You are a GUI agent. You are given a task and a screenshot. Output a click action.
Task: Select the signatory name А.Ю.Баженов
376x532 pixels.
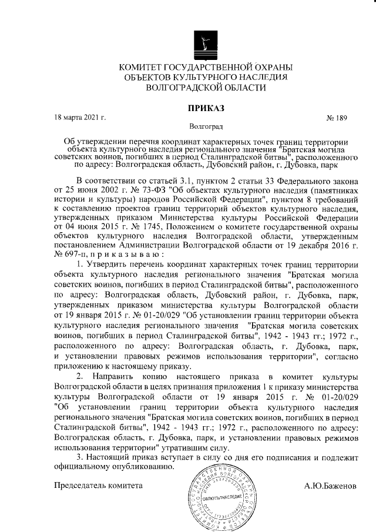point(330,486)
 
